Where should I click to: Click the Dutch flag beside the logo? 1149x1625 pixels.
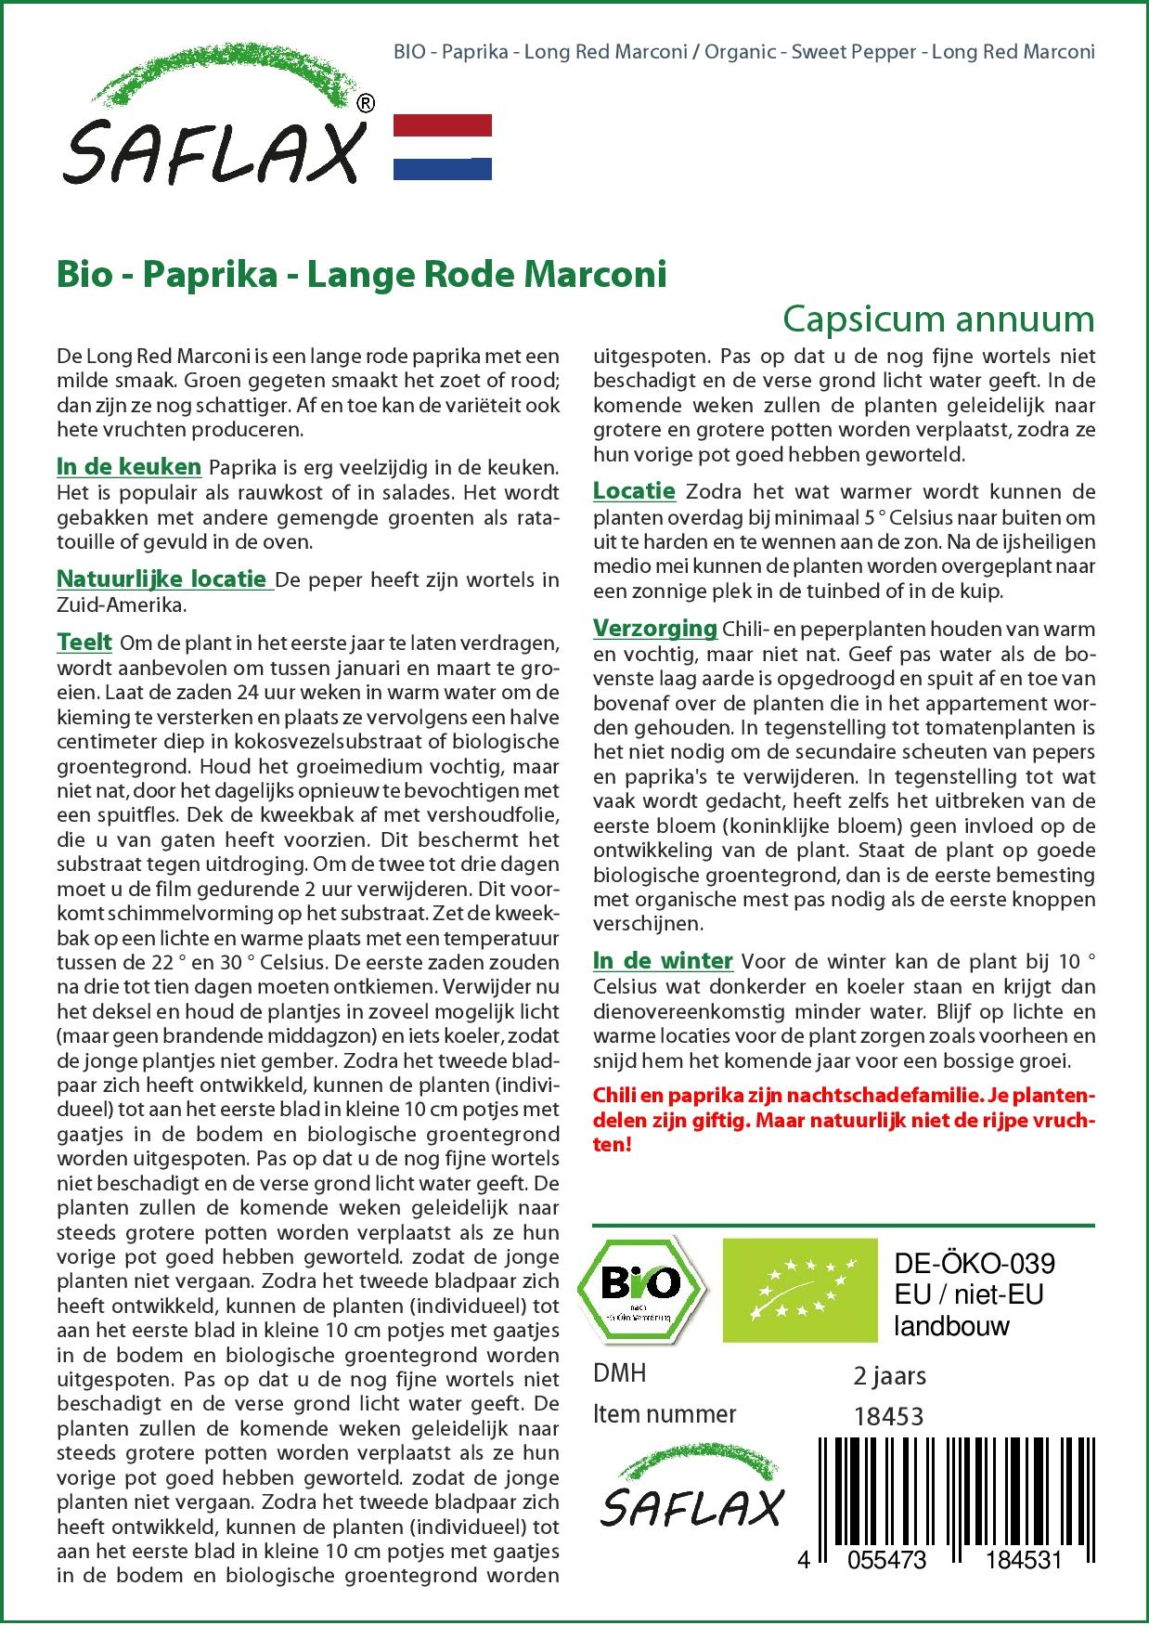click(x=443, y=147)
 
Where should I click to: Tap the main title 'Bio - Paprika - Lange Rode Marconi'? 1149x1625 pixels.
click(x=362, y=276)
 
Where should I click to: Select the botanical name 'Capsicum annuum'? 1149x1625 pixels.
click(x=937, y=318)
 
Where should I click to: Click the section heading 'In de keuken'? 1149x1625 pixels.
click(x=129, y=466)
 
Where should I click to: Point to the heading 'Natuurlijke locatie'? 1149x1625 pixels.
click(x=162, y=579)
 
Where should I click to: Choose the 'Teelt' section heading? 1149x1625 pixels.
click(x=84, y=642)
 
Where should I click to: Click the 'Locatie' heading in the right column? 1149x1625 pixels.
click(x=634, y=491)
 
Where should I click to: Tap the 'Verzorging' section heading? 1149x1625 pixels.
click(x=654, y=629)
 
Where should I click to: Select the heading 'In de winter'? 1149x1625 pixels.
click(x=663, y=961)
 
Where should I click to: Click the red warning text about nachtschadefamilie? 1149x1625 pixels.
click(x=844, y=1120)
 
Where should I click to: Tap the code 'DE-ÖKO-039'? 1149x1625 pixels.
click(x=974, y=1264)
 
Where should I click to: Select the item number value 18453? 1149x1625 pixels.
click(x=888, y=1416)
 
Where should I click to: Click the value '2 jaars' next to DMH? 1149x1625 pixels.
click(x=889, y=1375)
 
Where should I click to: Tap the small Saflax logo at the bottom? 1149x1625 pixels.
click(x=691, y=1495)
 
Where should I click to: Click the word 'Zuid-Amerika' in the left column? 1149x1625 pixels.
click(x=121, y=604)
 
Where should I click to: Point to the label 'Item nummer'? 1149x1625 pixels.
click(x=665, y=1414)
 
